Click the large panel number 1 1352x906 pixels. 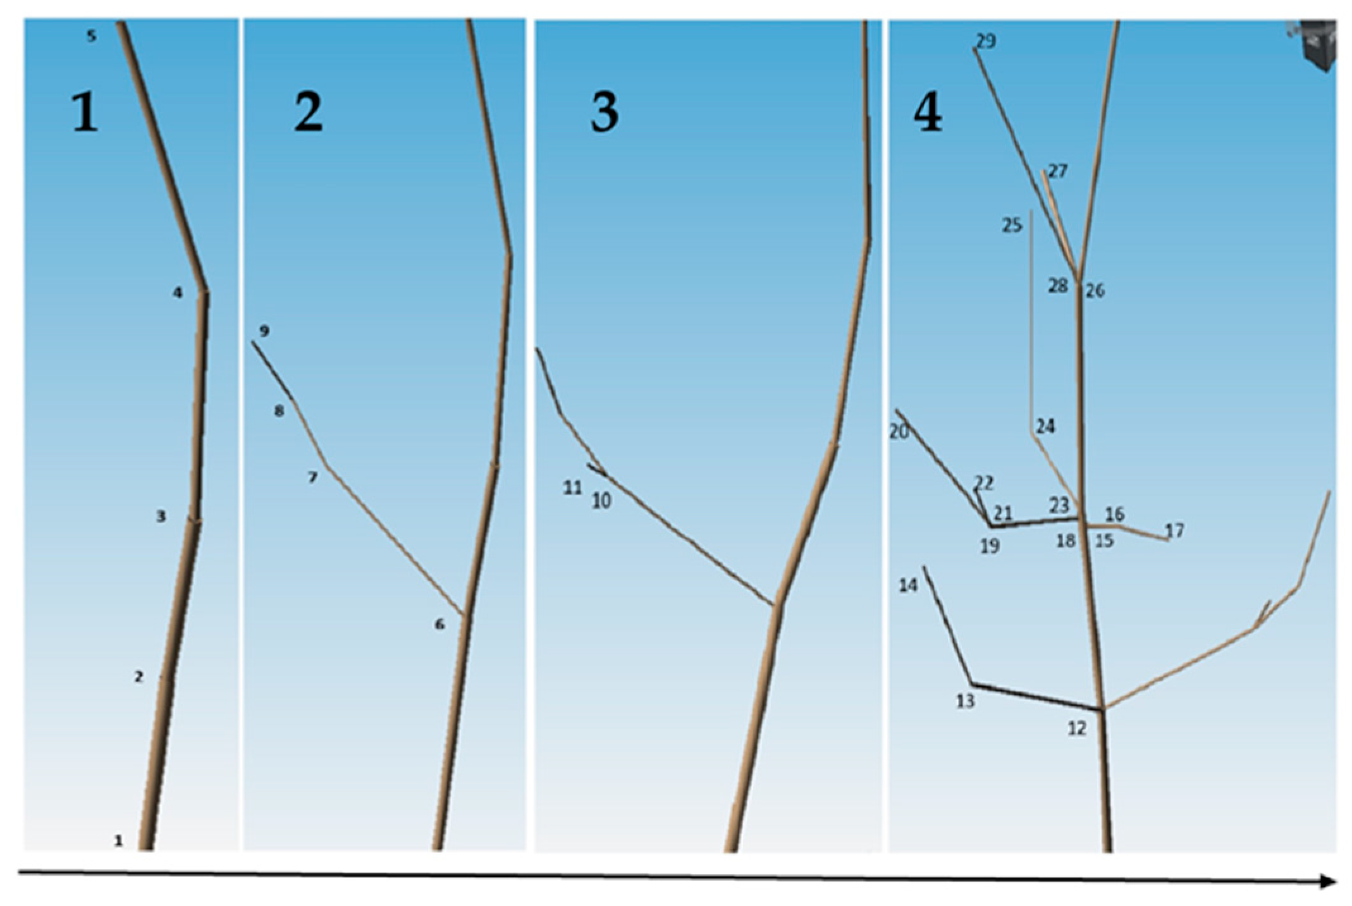pos(85,112)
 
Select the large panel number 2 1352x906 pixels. pos(309,112)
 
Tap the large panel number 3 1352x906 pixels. pos(605,112)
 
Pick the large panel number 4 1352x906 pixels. pos(928,112)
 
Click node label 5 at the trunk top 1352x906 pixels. pos(92,36)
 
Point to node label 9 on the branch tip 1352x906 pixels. pos(264,331)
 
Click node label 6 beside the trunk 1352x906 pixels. pos(439,625)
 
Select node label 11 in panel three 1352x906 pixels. pos(572,487)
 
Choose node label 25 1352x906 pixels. pos(1012,225)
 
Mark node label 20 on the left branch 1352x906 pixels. pos(899,432)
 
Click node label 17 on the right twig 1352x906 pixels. pos(1174,530)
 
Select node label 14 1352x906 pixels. pos(908,585)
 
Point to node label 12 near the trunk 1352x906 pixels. pos(1077,728)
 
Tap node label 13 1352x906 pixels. pos(965,701)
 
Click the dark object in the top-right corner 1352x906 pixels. pos(1313,44)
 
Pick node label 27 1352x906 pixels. pos(1058,171)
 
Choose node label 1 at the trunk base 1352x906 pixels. pos(118,841)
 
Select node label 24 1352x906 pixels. pos(1045,427)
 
